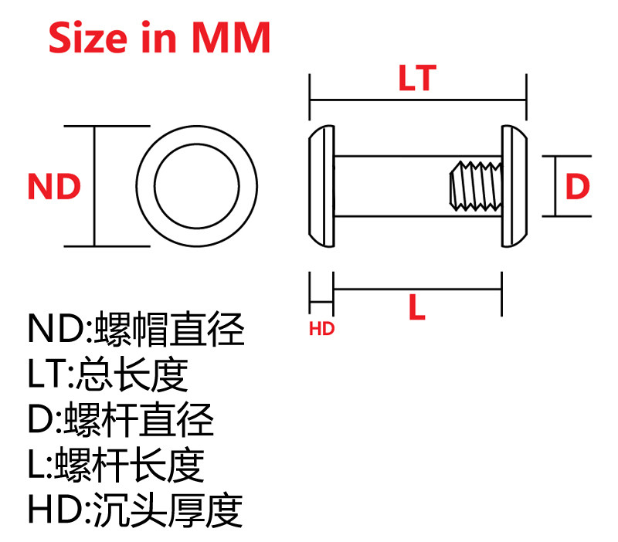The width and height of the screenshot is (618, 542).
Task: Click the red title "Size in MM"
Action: pyautogui.click(x=159, y=37)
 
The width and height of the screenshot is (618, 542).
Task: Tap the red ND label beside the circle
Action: pyautogui.click(x=54, y=188)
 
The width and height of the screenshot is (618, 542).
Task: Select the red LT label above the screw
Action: pyautogui.click(x=417, y=79)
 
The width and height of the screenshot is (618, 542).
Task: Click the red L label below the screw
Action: pyautogui.click(x=417, y=309)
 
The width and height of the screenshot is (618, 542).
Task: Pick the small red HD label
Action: pyautogui.click(x=321, y=329)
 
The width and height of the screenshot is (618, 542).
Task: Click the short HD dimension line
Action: pyautogui.click(x=321, y=290)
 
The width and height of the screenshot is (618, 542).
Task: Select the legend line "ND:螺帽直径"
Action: pyautogui.click(x=136, y=329)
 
